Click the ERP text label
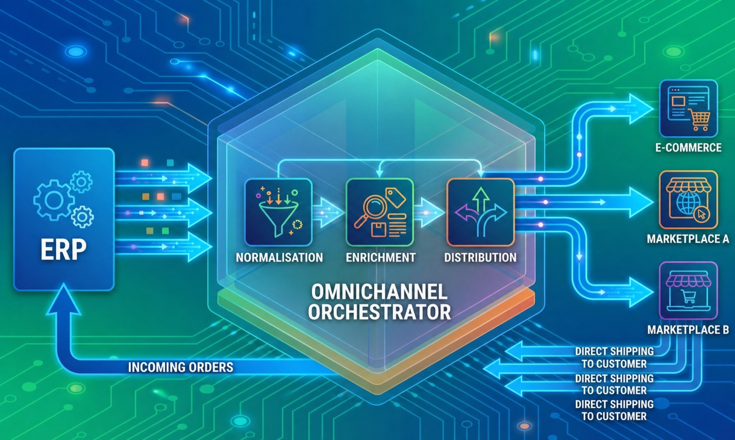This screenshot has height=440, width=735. tap(64, 249)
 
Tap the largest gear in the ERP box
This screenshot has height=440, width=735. tap(54, 200)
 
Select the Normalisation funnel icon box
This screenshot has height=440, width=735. tap(278, 212)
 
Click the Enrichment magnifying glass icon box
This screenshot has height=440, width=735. tap(380, 212)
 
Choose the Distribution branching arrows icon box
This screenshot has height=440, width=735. tap(480, 212)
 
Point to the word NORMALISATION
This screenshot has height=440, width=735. tap(279, 257)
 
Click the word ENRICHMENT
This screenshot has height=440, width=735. tap(381, 257)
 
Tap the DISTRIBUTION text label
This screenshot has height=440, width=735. tap(480, 257)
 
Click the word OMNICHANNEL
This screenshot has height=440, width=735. tap(380, 291)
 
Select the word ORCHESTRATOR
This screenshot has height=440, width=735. tap(380, 312)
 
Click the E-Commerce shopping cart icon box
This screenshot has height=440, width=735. tap(689, 108)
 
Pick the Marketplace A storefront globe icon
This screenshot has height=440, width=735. tap(689, 200)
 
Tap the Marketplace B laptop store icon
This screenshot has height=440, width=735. tap(689, 291)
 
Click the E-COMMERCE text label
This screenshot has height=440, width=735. tap(689, 148)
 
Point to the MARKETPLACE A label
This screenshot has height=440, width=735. tap(688, 239)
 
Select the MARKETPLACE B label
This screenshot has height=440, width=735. tap(688, 330)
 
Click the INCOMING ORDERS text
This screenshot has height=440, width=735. tap(181, 367)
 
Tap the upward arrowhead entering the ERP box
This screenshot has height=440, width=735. tap(63, 300)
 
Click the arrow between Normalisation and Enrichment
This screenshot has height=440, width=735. tap(328, 212)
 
